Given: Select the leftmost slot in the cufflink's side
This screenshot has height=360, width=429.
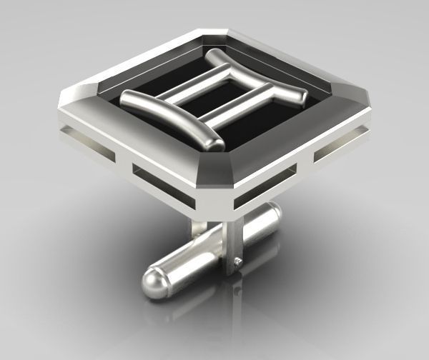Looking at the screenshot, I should coord(80,138).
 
